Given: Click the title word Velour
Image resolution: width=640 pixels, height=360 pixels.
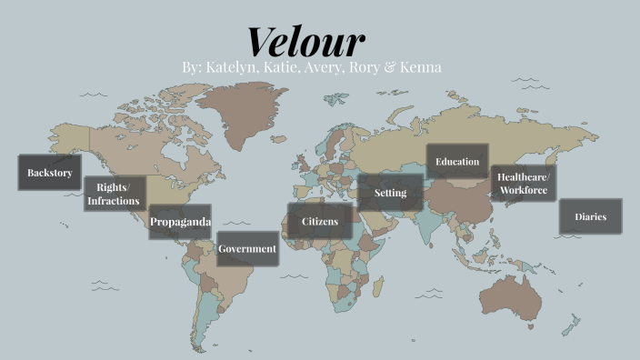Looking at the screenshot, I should pos(305,41).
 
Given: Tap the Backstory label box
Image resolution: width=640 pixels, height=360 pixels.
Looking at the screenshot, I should pos(50,173).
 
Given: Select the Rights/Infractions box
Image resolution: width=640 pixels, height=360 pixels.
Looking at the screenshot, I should pos(115,194).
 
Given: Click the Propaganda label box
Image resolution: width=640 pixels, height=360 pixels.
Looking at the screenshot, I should pos(180,222).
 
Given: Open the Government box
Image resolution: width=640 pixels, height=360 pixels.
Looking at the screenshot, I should pos(247,249).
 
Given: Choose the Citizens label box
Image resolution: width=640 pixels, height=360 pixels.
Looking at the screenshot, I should pos(320,221).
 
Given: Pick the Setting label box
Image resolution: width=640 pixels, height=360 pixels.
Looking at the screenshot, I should pos(390,193).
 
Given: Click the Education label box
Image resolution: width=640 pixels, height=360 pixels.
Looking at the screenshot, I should pos(457,162).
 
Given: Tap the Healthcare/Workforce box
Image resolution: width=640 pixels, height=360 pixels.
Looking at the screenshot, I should pos(523,183).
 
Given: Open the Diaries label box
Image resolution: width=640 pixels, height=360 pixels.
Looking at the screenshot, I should pos(590,217).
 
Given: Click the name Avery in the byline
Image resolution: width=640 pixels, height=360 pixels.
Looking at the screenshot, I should pos(318,68).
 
